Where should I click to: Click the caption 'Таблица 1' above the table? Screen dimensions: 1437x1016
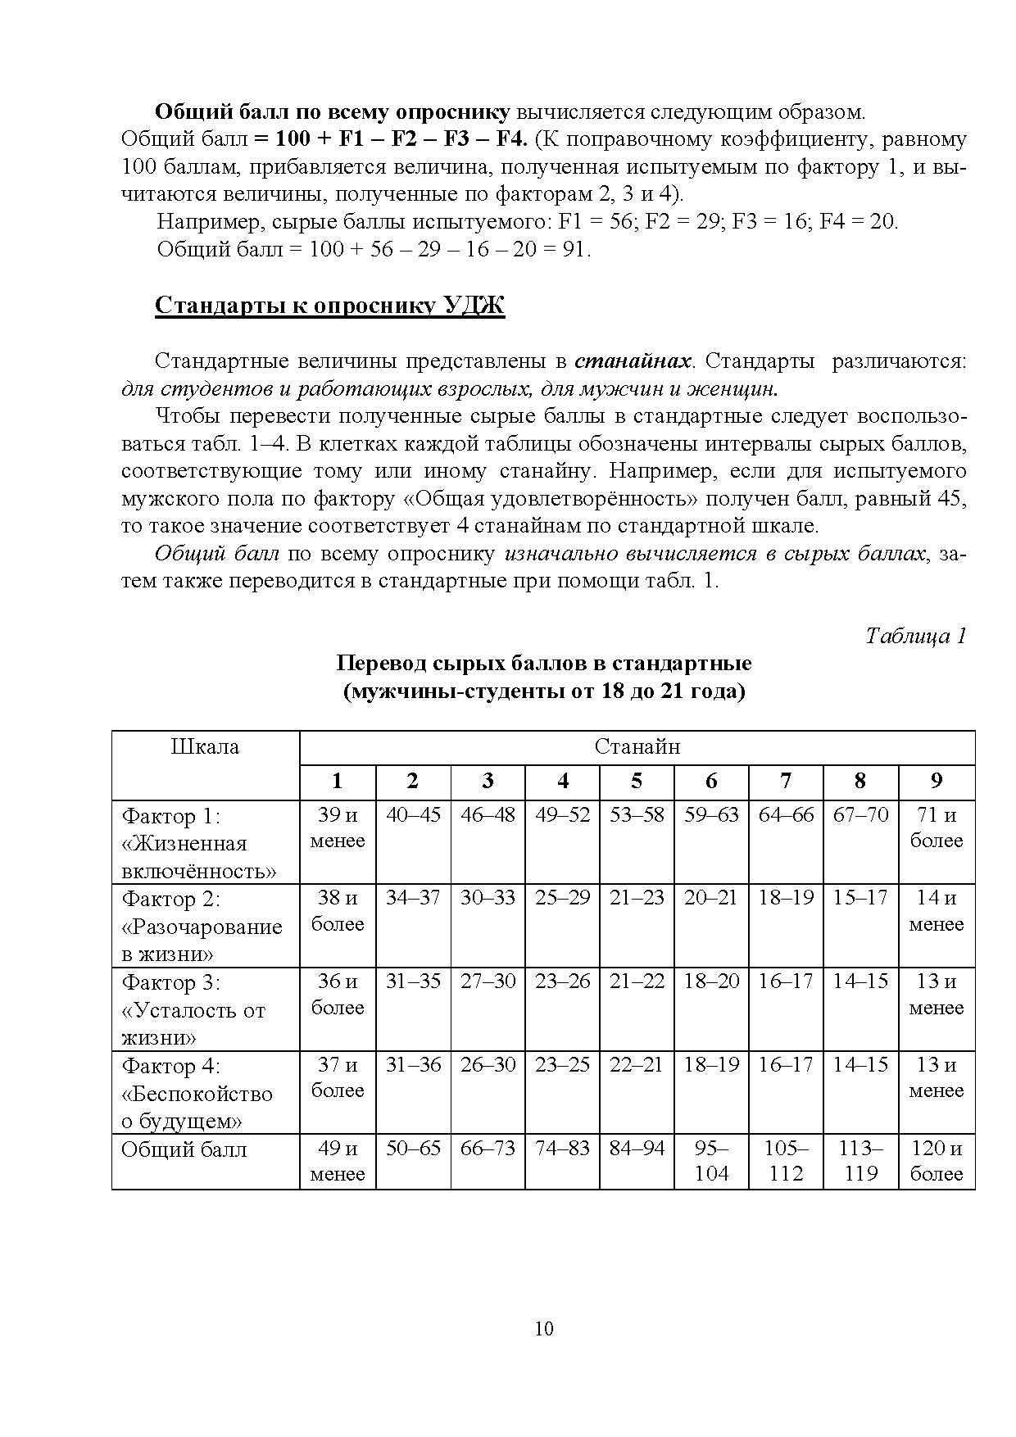pyautogui.click(x=916, y=637)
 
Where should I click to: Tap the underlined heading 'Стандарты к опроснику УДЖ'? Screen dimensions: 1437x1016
pyautogui.click(x=329, y=306)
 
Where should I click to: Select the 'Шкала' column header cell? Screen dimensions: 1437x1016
pyautogui.click(x=205, y=747)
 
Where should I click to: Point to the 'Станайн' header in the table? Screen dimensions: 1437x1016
pyautogui.click(x=637, y=747)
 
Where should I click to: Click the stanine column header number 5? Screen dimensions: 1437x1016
pyautogui.click(x=637, y=782)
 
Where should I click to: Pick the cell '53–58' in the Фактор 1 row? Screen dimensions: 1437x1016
pyautogui.click(x=637, y=815)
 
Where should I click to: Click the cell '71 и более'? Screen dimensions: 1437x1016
pyautogui.click(x=937, y=827)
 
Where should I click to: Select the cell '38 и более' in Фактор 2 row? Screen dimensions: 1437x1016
pyautogui.click(x=338, y=911)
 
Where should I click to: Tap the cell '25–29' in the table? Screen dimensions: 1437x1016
pyautogui.click(x=562, y=898)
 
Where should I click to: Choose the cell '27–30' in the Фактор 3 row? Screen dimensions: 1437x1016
pyautogui.click(x=488, y=981)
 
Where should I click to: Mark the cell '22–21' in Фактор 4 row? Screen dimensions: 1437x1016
pyautogui.click(x=637, y=1065)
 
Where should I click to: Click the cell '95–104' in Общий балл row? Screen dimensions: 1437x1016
pyautogui.click(x=711, y=1161)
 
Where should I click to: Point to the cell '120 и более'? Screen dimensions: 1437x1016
pyautogui.click(x=937, y=1161)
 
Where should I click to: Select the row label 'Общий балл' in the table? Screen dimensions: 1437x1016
pyautogui.click(x=184, y=1149)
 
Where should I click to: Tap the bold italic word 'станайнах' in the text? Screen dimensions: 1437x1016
pyautogui.click(x=633, y=361)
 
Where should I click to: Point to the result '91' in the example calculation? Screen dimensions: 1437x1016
pyautogui.click(x=574, y=249)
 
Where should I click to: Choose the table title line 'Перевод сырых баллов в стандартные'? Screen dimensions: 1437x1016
pyautogui.click(x=544, y=663)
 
